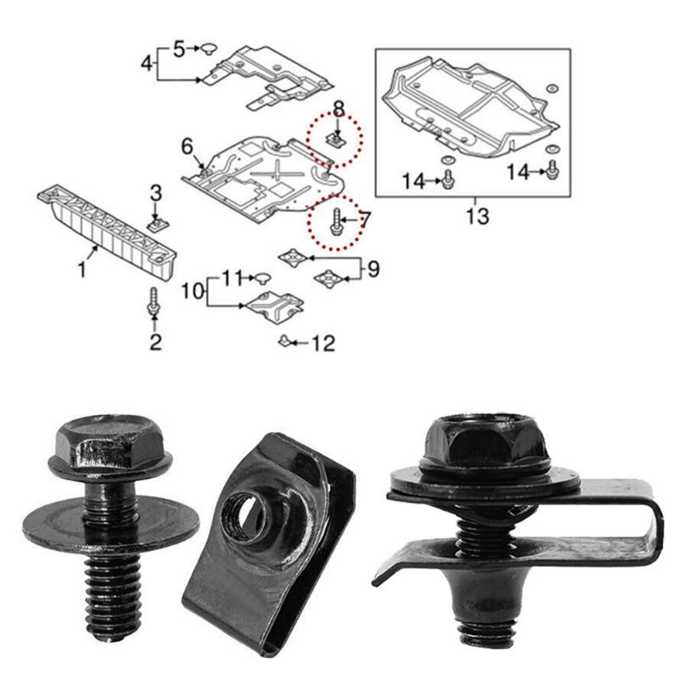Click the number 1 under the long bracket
click(81, 271)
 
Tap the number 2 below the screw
click(155, 343)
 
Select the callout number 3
click(155, 193)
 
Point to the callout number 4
click(147, 63)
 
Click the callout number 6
click(187, 148)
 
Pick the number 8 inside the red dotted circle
click(339, 108)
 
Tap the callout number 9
click(373, 269)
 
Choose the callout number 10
click(193, 290)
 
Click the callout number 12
click(323, 344)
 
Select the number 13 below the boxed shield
click(477, 216)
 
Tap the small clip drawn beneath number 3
click(155, 224)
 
